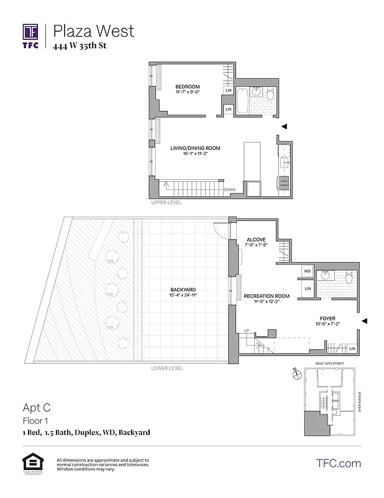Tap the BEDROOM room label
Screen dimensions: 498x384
[x=186, y=87]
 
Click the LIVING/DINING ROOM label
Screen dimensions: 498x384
[x=195, y=148]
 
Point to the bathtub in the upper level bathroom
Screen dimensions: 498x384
[x=243, y=101]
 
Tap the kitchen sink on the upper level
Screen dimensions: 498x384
[x=284, y=163]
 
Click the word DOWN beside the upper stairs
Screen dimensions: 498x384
[x=229, y=189]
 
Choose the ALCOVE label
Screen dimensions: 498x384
[x=256, y=240]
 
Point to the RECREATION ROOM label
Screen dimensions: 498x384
[x=267, y=296]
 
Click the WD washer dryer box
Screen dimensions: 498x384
[x=308, y=271]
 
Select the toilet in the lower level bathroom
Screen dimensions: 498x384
[x=348, y=278]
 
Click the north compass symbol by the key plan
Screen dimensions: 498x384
[x=297, y=374]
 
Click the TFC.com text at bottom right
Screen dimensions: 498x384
[x=339, y=463]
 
